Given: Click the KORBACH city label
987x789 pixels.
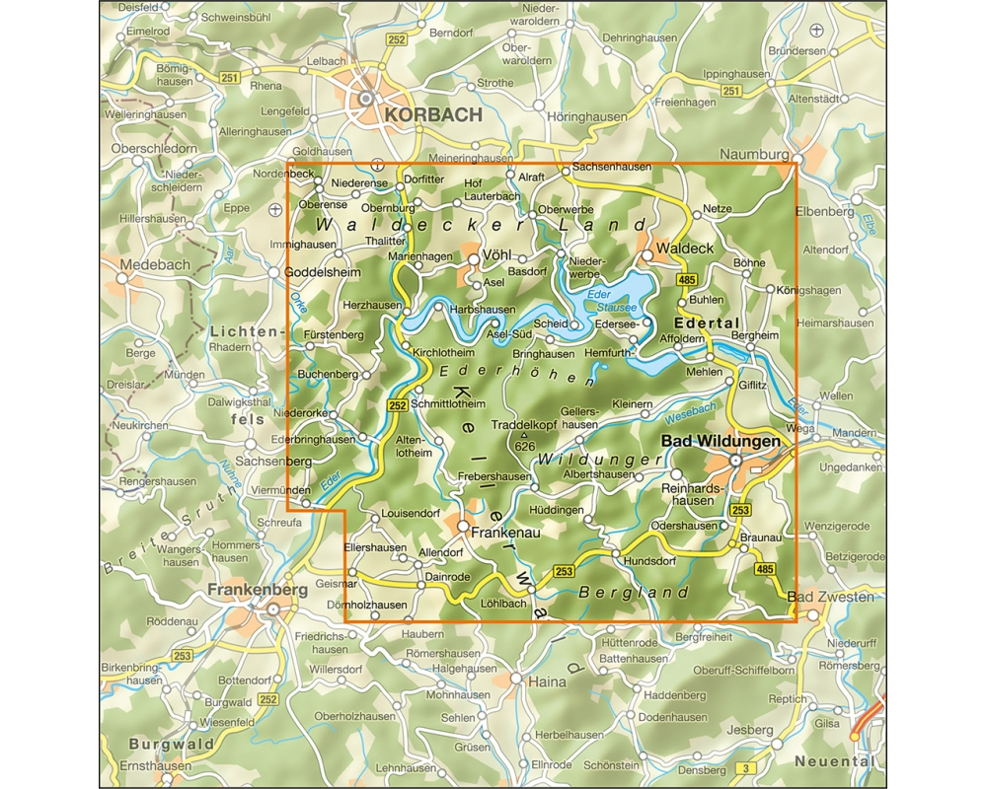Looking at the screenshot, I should pos(433,114).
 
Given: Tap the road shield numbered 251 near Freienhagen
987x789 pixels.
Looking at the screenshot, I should pos(730,92).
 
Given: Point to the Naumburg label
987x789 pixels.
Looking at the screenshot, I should pos(755,154).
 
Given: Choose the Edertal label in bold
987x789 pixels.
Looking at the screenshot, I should pos(706,323).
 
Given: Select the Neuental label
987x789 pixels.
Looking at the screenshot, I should pos(834,761).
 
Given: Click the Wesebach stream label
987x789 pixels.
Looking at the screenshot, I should pos(690,413).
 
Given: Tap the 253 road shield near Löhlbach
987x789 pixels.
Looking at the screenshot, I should pos(564,571).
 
